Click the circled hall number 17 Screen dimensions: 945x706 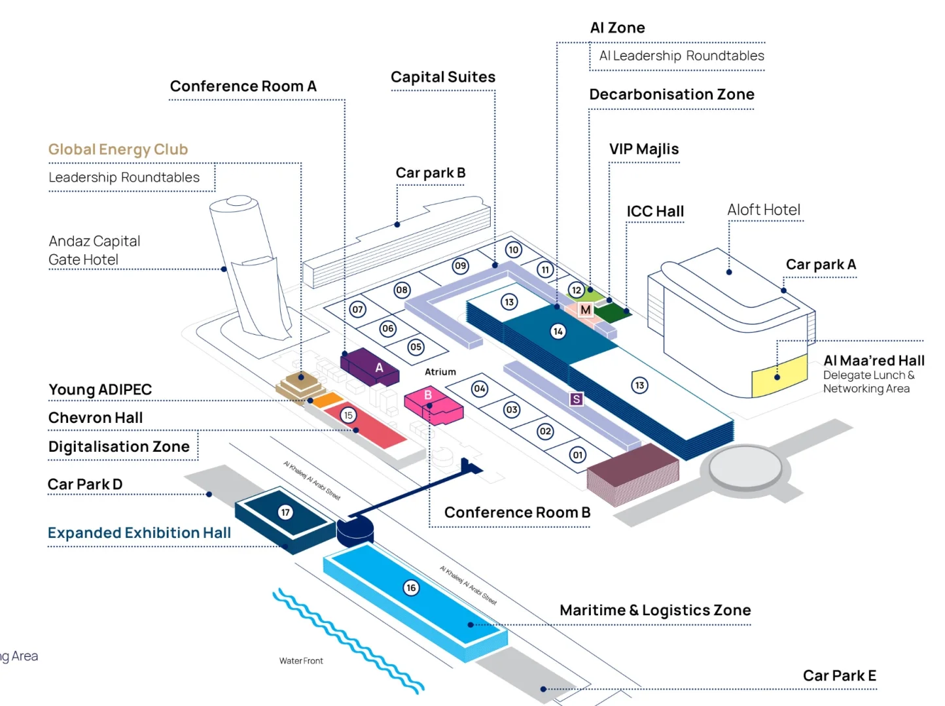[x=285, y=512]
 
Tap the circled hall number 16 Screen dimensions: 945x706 [x=411, y=587]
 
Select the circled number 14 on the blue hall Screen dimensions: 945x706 [x=558, y=331]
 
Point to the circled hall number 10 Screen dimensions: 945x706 [x=513, y=249]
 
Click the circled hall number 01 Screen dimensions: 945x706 [x=578, y=454]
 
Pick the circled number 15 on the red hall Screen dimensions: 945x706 [x=348, y=415]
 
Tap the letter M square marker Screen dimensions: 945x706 [x=585, y=309]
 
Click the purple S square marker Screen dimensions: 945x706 [x=577, y=399]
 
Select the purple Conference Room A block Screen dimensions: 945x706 [x=369, y=366]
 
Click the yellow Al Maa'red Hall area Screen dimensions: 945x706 [x=779, y=375]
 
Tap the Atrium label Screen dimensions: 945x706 [x=440, y=371]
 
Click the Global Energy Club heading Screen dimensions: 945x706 [x=118, y=149]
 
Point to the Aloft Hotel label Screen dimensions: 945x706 [x=763, y=210]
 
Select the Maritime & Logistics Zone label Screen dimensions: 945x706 [x=655, y=610]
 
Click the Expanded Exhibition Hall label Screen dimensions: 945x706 [x=139, y=533]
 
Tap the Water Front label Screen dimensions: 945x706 [x=301, y=660]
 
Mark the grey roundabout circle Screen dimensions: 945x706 [x=745, y=468]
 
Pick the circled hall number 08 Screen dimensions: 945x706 [x=402, y=290]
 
